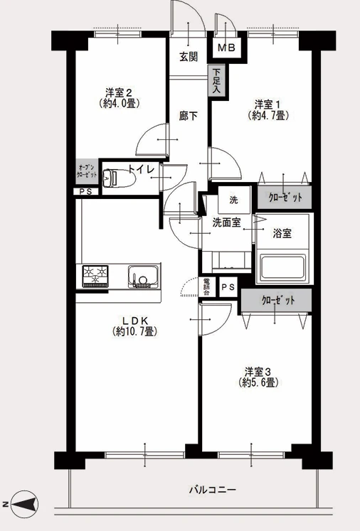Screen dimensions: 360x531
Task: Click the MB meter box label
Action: point(226,48)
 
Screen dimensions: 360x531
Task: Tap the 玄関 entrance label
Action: point(188,57)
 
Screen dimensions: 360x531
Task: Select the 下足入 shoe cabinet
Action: point(217,80)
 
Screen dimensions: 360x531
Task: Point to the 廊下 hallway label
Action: point(188,116)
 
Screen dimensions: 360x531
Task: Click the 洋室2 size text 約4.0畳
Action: point(118,103)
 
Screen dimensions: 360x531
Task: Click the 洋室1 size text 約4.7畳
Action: point(268,116)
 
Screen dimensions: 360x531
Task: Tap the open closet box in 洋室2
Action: point(87,171)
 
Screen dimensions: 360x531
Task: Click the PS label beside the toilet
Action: point(86,191)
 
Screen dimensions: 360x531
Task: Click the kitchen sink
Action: point(143,277)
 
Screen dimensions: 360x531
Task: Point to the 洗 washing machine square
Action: point(233,200)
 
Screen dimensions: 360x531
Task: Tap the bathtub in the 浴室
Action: point(282,269)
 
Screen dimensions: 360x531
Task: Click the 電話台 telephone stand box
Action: point(206,287)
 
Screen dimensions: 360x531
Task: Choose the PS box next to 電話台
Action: point(228,287)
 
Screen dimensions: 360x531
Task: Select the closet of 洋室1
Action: point(285,197)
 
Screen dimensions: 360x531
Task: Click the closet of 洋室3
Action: point(276,300)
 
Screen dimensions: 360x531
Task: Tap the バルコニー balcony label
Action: point(212,489)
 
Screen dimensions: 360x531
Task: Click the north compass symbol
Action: point(24,504)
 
